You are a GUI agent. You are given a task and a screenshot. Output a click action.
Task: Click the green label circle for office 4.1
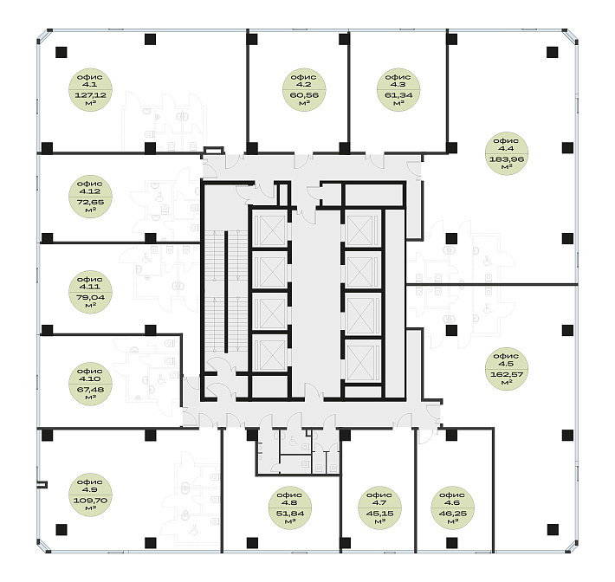coord(90,89)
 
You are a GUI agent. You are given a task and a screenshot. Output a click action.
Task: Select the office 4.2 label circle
coord(304,89)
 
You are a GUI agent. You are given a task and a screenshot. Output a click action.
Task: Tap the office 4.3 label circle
coord(398,89)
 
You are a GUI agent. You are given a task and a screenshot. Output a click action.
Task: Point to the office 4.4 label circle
coord(507,153)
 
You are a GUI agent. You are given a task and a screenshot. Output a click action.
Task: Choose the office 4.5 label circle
coord(507,369)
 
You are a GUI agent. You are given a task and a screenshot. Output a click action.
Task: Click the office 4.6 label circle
coord(452,508)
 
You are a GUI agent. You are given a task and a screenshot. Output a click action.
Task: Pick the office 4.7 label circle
coord(379,508)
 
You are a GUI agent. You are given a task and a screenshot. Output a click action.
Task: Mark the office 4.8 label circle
coord(290,508)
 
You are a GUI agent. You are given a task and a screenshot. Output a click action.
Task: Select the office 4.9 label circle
coord(90,495)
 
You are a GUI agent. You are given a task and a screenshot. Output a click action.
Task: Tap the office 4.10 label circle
coord(90,384)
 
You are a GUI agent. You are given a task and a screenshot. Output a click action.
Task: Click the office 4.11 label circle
coord(90,292)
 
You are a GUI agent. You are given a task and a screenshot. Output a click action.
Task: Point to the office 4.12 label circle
coord(90,197)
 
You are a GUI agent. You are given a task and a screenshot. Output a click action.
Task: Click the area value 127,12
coord(90,95)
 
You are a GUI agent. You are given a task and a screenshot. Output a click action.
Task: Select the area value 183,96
coord(507,159)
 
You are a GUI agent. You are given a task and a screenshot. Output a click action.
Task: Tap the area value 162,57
coord(507,374)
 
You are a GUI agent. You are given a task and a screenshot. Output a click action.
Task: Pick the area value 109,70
coord(90,501)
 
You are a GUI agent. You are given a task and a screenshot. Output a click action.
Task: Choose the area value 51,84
coord(290,514)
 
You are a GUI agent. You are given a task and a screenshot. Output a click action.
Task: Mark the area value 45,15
coord(379,514)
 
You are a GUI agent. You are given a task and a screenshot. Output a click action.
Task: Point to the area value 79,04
coord(90,298)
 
